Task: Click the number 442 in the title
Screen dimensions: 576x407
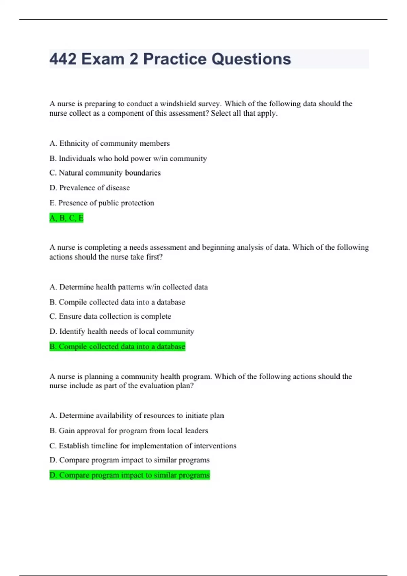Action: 63,59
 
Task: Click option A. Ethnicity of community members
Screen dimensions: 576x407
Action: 109,143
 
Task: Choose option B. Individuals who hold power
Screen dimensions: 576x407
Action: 128,158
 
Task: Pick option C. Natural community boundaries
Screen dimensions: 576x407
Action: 105,173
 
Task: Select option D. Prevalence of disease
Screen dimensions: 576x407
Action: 90,188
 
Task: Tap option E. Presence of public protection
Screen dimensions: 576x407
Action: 101,203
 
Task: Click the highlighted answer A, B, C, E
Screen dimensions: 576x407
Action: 66,218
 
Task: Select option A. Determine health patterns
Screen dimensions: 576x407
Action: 128,287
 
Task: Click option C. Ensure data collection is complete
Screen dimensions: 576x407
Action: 110,316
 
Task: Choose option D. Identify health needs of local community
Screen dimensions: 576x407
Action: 121,331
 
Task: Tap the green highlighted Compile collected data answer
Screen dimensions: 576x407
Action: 117,346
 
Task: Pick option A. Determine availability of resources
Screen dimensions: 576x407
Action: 136,416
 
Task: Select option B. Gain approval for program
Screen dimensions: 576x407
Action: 129,431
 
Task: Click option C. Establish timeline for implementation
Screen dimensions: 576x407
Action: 142,446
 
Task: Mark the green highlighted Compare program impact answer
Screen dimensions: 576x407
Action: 129,475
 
